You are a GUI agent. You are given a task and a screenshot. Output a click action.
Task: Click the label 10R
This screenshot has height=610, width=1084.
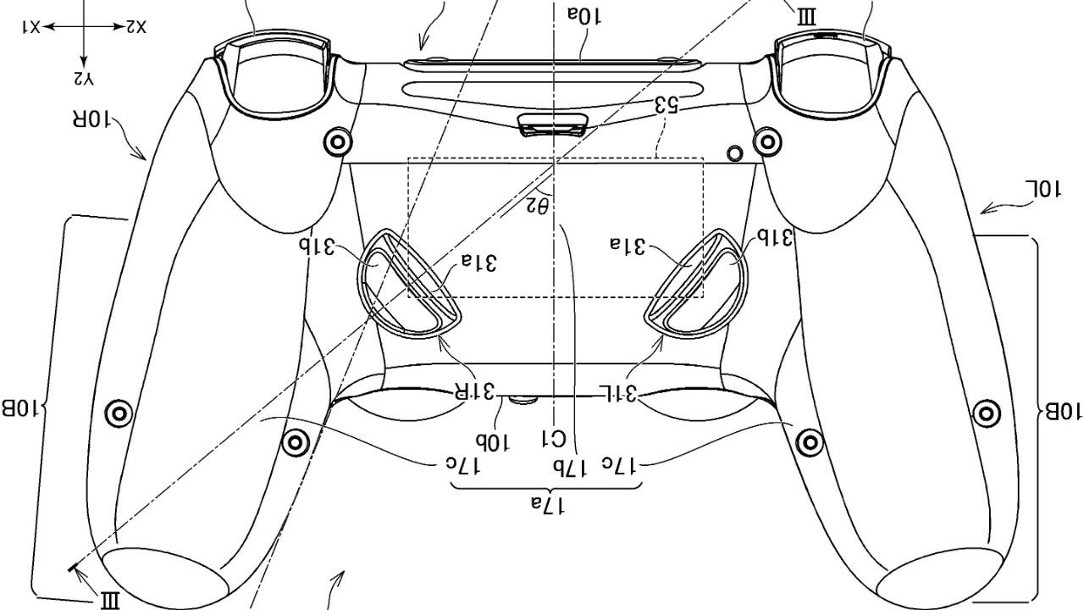tap(91, 119)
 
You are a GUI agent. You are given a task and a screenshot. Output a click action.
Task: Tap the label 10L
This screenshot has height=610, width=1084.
tap(1043, 189)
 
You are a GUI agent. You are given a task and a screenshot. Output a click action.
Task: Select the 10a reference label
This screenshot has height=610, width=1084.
tap(584, 17)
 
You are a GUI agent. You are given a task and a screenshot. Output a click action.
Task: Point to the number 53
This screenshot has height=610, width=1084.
tap(666, 105)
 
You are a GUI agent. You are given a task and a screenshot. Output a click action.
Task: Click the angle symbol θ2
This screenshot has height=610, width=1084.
tap(537, 206)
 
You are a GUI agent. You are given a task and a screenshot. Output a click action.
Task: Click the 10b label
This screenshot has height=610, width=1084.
tap(493, 441)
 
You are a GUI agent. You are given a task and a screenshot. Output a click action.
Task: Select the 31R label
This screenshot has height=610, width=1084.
tap(475, 391)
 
